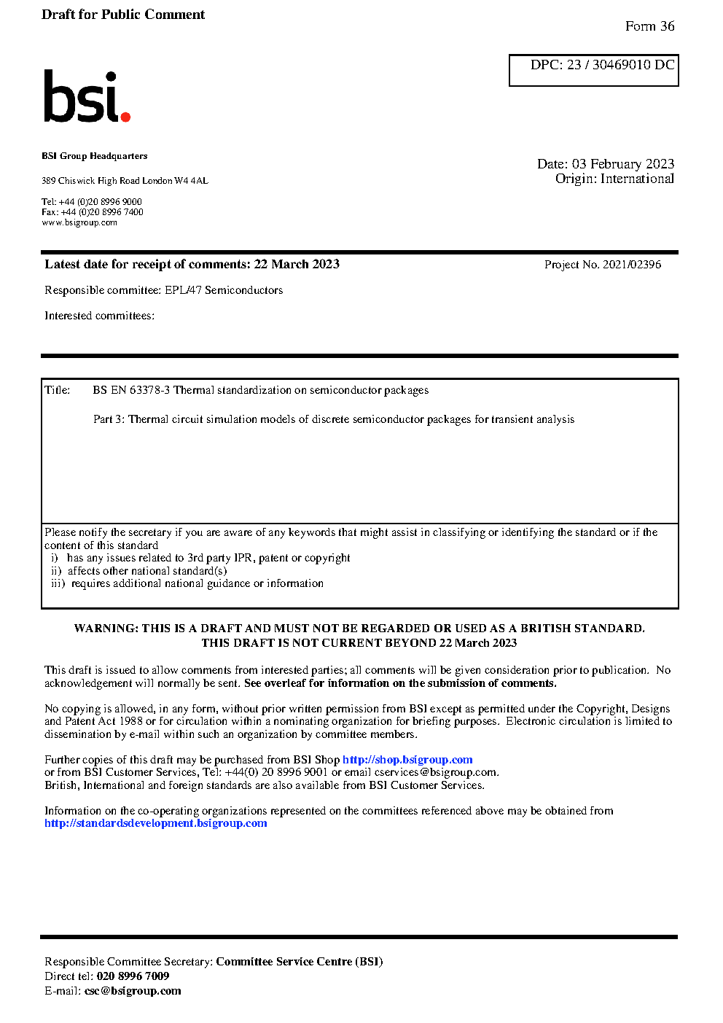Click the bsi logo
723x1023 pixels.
point(86,96)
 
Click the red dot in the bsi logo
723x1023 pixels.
point(125,116)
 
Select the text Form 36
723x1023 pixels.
point(649,26)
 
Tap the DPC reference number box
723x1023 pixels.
point(594,70)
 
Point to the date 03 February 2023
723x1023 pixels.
point(623,164)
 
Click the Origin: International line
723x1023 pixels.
point(614,179)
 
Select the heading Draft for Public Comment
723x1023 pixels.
point(123,15)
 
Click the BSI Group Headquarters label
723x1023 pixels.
point(94,156)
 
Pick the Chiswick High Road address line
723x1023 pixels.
point(125,181)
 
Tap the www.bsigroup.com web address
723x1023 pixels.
point(79,222)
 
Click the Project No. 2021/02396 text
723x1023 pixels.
point(603,265)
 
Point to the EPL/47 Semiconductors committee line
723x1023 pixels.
point(163,290)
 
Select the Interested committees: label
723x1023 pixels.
point(99,316)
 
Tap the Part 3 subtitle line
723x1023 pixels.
point(333,419)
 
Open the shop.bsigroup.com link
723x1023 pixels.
point(407,760)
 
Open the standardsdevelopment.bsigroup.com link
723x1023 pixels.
point(155,823)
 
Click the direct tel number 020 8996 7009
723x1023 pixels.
point(133,976)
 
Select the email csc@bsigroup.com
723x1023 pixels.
point(133,991)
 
